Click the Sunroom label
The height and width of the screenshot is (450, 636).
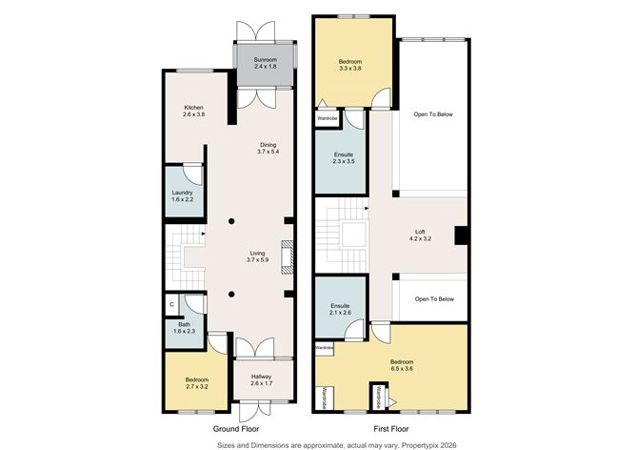coord(263,63)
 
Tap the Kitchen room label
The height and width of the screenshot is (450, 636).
coord(194,111)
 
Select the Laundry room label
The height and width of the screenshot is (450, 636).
coord(182,195)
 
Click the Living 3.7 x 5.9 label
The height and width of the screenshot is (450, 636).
coord(258,256)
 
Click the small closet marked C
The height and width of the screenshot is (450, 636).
coord(171,304)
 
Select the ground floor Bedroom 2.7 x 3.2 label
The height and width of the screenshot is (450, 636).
coord(195,383)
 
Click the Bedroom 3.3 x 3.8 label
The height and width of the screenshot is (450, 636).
coord(350,66)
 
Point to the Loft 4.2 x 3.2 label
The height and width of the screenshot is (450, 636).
coord(420,235)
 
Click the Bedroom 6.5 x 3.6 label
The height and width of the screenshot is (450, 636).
coord(401,365)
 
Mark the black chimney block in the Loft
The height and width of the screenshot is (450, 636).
coord(460,235)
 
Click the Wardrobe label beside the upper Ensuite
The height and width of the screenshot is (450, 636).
coord(328,118)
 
